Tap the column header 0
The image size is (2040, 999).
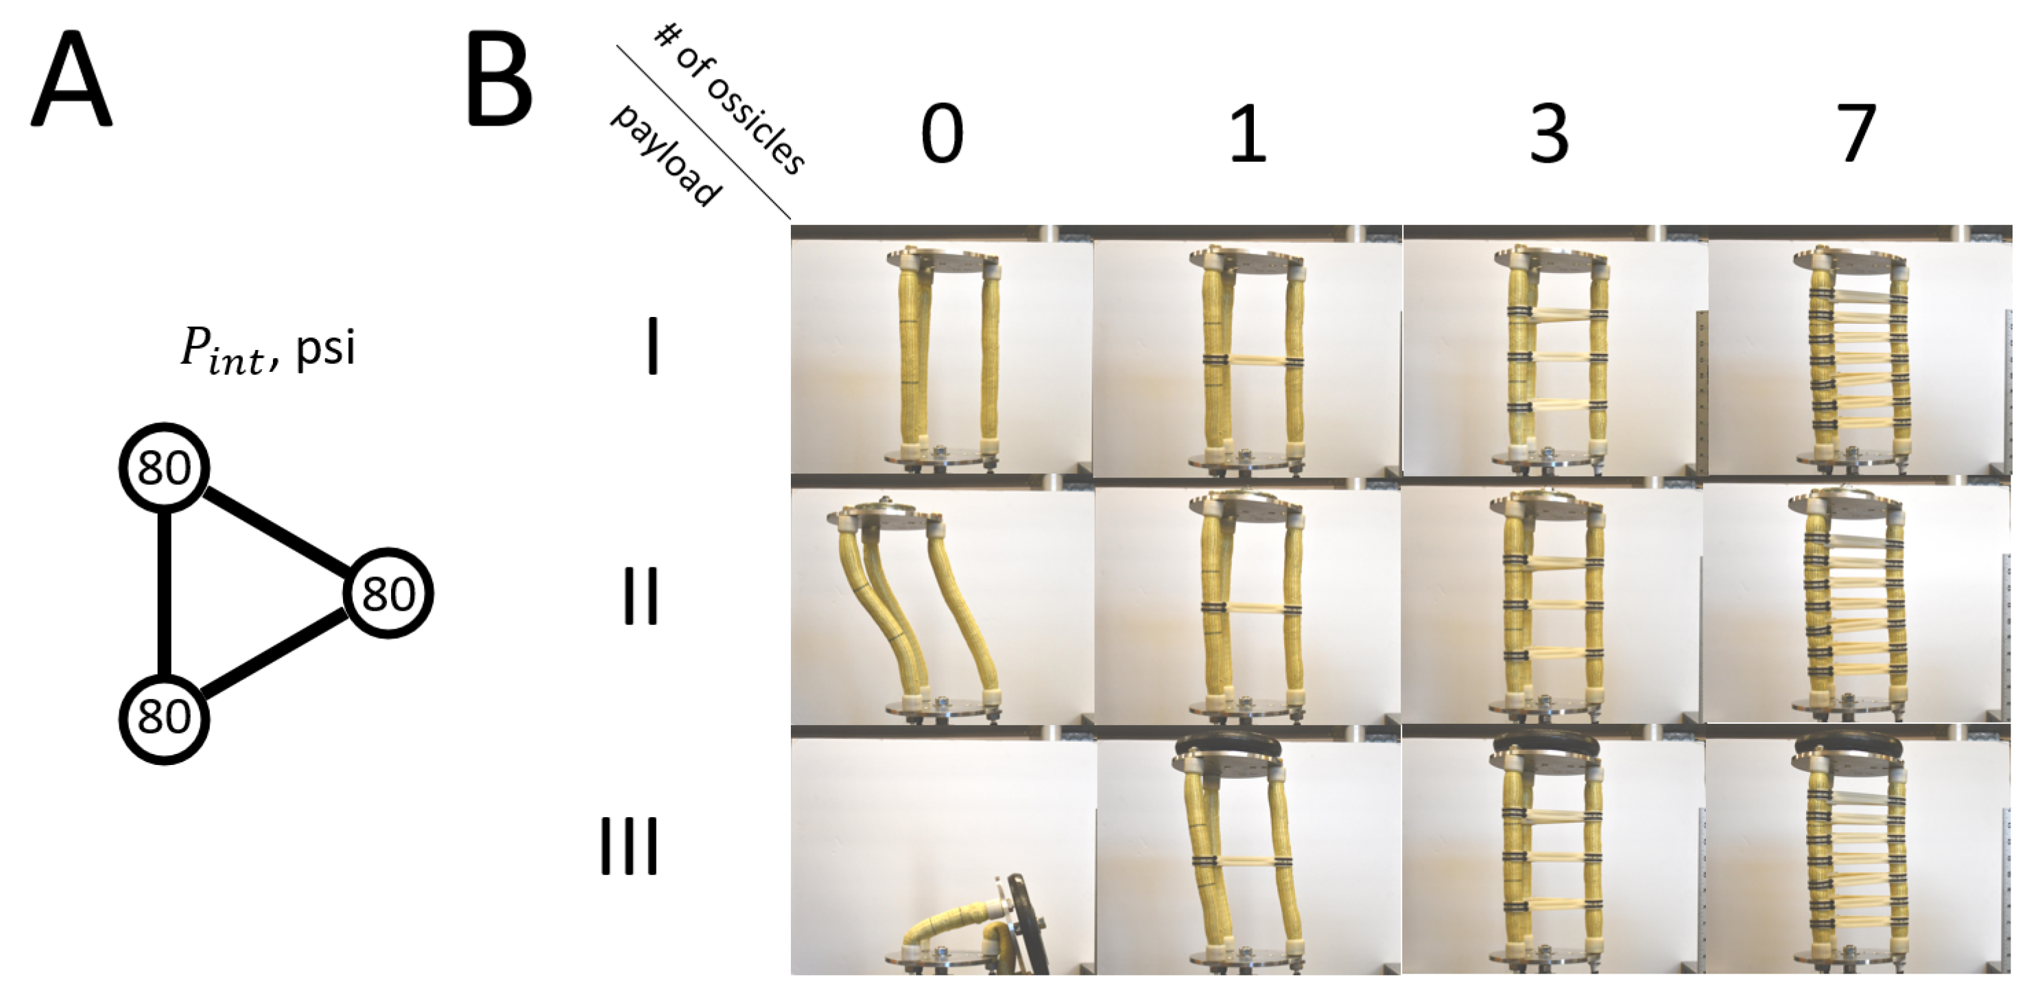coord(942,134)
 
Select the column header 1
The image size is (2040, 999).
coord(1247,134)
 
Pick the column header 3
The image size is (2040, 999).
coord(1548,134)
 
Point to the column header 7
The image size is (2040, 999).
coord(1855,134)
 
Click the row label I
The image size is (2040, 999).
coord(652,346)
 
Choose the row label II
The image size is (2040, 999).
coord(641,596)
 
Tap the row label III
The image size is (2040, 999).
coord(629,845)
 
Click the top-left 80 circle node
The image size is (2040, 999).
coord(164,468)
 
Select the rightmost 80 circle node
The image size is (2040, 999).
coord(388,593)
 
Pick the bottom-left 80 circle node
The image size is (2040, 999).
coord(164,718)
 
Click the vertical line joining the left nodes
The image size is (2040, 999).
coord(164,593)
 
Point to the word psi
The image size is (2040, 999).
coord(326,349)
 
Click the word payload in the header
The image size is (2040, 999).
coord(665,154)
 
